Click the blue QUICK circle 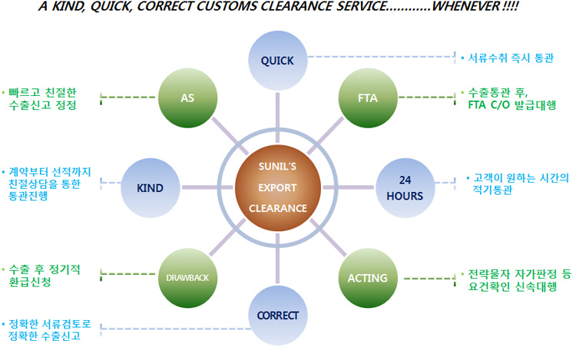tap(277, 59)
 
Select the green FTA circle tap(366, 99)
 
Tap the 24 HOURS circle tap(405, 187)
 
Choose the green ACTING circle tap(367, 276)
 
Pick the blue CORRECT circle tap(277, 315)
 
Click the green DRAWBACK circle tap(187, 276)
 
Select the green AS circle tap(187, 99)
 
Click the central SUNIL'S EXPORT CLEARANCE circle tap(277, 188)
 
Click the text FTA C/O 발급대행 tap(514, 105)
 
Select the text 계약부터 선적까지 tap(51, 172)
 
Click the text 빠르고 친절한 tap(43, 91)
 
